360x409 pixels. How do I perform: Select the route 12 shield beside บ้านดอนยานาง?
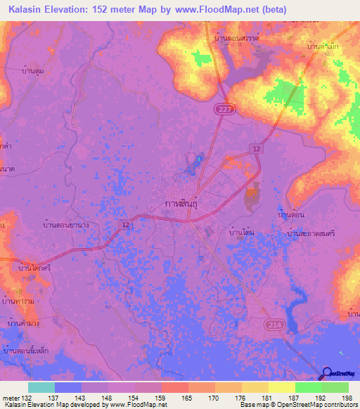pyautogui.click(x=125, y=224)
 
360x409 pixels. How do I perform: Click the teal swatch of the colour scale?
pyautogui.click(x=41, y=387)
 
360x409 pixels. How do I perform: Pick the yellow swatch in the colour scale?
pyautogui.click(x=255, y=387)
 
